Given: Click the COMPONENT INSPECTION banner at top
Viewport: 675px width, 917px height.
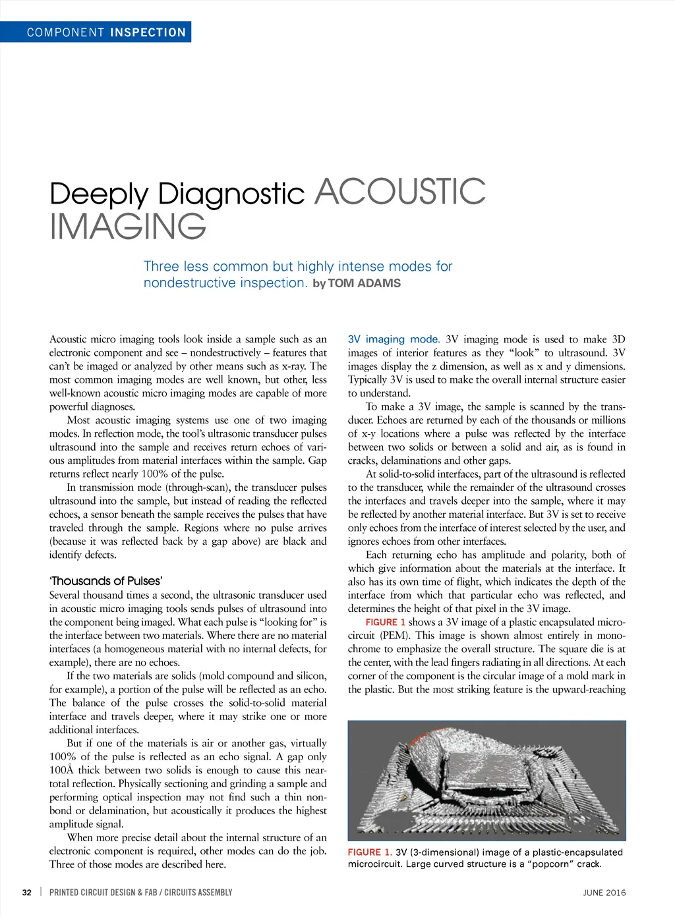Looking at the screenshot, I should (105, 32).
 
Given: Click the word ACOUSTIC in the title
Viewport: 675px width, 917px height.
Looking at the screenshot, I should (400, 192).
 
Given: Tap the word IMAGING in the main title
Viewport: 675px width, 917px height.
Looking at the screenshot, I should (128, 226).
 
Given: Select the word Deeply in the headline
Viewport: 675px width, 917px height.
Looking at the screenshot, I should (99, 194).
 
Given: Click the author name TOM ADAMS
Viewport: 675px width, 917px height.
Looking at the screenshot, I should (364, 283).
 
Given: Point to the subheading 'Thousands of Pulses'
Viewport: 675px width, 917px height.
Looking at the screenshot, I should (105, 581).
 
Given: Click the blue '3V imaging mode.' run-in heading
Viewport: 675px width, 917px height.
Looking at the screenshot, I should (394, 339).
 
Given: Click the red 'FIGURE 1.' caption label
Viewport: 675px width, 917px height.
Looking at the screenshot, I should (370, 852).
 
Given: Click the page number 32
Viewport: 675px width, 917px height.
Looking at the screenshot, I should (27, 893).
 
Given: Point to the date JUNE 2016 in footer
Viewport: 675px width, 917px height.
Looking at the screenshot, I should (604, 893).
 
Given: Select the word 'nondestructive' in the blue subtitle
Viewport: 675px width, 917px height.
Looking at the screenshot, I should (185, 283).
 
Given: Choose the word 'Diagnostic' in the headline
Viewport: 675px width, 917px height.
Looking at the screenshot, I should (231, 194).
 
